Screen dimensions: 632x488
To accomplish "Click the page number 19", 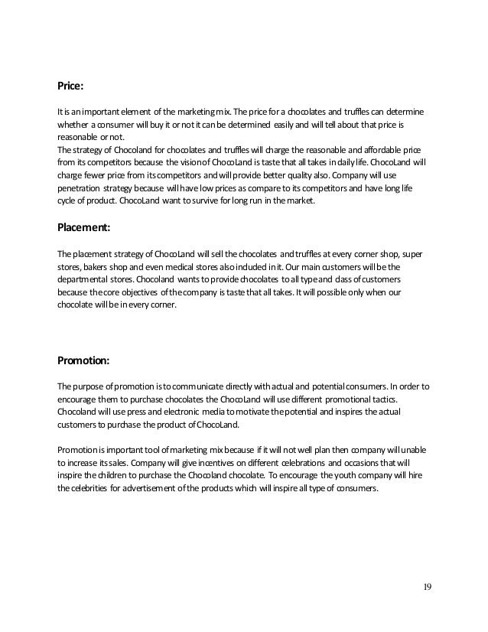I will click(x=427, y=587).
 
